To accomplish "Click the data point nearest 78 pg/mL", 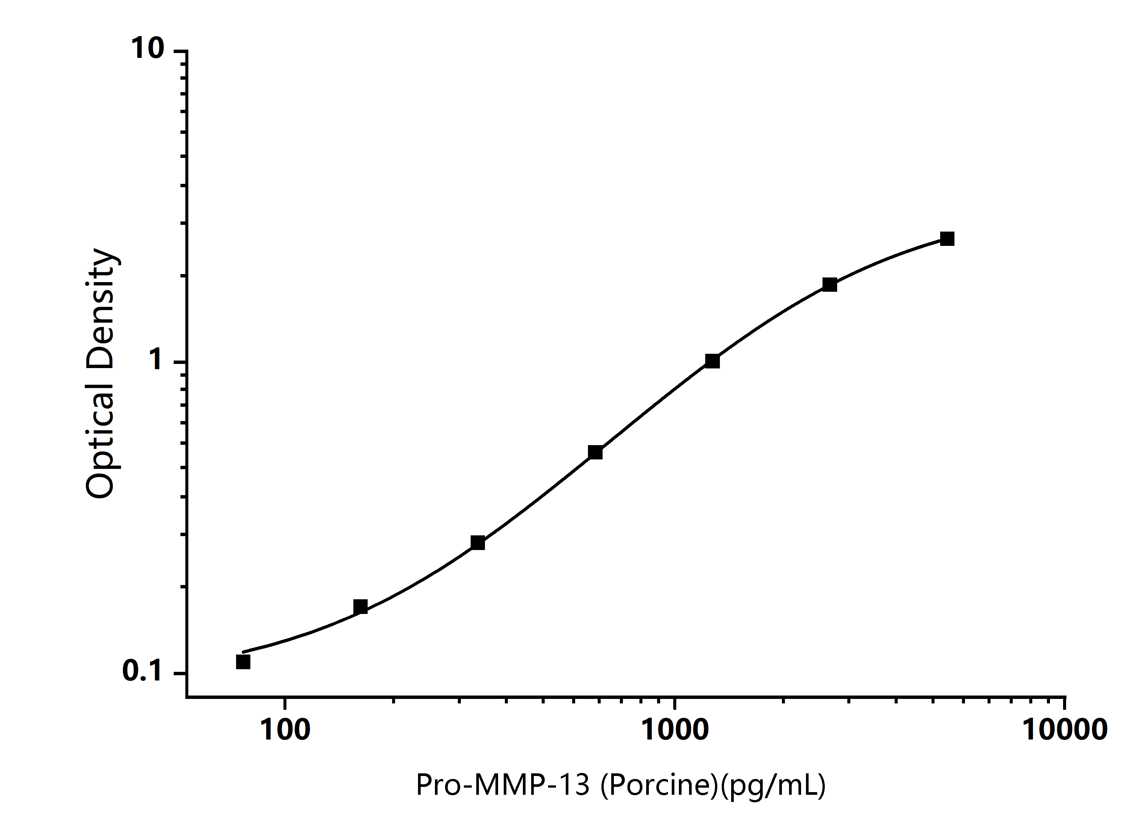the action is tap(243, 662).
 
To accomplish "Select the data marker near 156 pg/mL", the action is tap(361, 607).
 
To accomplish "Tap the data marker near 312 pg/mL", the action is tap(478, 543).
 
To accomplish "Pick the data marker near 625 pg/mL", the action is tap(595, 452).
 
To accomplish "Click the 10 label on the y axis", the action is tap(148, 48).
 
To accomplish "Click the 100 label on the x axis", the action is tap(285, 730).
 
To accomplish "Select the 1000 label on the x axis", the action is tap(675, 730).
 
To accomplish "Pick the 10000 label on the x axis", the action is tap(1065, 730).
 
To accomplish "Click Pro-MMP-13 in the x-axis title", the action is tap(503, 784).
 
